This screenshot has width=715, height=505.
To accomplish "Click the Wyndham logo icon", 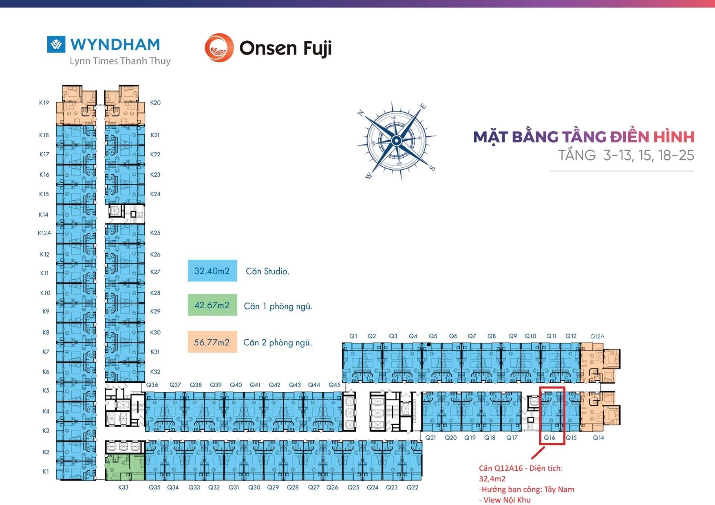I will [56, 44].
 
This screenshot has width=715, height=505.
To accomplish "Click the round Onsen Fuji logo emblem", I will [219, 48].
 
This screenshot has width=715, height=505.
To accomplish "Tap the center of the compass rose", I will [396, 141].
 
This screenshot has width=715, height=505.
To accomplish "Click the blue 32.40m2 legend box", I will [212, 271].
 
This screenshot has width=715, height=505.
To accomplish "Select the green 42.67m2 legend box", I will [212, 305].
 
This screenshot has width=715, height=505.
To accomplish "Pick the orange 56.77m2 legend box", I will [212, 342].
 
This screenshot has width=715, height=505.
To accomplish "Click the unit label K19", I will [44, 103].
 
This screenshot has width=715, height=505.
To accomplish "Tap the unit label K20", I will [155, 103].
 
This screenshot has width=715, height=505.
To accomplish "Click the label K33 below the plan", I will [123, 487].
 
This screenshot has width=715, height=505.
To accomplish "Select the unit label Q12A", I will [597, 336].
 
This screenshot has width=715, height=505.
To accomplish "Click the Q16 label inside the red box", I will [549, 437].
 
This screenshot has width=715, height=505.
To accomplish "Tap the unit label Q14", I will [598, 437].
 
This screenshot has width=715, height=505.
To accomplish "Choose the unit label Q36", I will [152, 385].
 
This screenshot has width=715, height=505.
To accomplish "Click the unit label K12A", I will [44, 233].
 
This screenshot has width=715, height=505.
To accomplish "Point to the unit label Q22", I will [413, 487].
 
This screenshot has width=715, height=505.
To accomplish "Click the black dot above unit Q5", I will [429, 345].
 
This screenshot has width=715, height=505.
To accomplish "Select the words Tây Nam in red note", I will [559, 490].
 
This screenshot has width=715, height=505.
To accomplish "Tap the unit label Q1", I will [353, 336].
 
